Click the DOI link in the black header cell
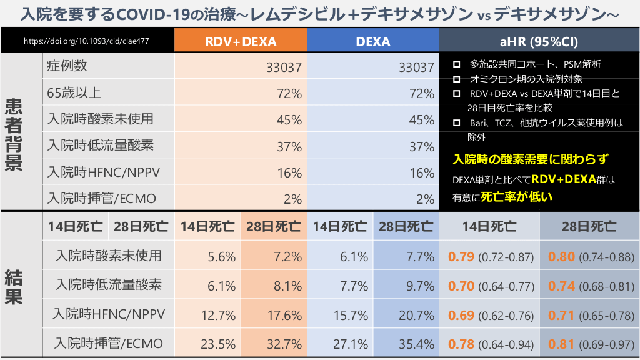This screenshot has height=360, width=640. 86,42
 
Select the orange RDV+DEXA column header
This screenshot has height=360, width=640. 241,42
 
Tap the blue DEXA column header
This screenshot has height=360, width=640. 373,42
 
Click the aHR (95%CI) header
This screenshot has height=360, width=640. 539,42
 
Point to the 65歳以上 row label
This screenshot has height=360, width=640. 74,93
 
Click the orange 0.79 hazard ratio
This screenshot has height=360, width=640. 461,256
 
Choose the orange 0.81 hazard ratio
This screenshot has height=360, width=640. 561,344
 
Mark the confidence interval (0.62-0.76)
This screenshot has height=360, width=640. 506,315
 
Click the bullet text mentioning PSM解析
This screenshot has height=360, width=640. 535,64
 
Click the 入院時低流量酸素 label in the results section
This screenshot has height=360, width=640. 108,285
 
